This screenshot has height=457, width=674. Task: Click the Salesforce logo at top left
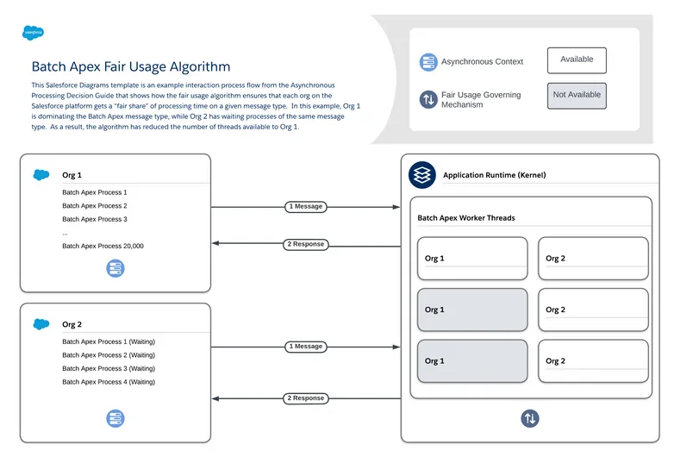[34, 33]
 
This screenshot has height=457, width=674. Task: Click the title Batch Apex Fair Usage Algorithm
[131, 66]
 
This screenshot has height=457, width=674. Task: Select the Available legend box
[577, 60]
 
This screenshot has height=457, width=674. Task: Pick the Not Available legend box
[577, 96]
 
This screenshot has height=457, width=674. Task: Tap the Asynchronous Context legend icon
[428, 62]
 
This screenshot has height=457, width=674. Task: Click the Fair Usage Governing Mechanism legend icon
[428, 99]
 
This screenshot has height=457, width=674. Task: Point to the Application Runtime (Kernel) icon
[421, 174]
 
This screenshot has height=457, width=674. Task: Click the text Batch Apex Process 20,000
[103, 247]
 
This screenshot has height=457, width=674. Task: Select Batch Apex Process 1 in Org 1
[94, 192]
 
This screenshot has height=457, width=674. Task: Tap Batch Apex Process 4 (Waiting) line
[109, 382]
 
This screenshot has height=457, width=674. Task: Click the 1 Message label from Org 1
[306, 207]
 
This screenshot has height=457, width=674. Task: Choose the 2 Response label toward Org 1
[306, 245]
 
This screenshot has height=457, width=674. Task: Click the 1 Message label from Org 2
[306, 347]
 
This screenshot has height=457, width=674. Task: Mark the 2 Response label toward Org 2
[306, 398]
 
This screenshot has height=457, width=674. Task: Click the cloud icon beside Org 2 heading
[41, 324]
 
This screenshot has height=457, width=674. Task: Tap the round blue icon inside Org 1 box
[115, 268]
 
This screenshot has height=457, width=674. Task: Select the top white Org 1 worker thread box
[471, 259]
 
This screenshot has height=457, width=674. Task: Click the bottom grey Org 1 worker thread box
[471, 361]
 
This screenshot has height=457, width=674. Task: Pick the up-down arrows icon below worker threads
[530, 418]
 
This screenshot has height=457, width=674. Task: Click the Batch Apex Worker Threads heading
[466, 218]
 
